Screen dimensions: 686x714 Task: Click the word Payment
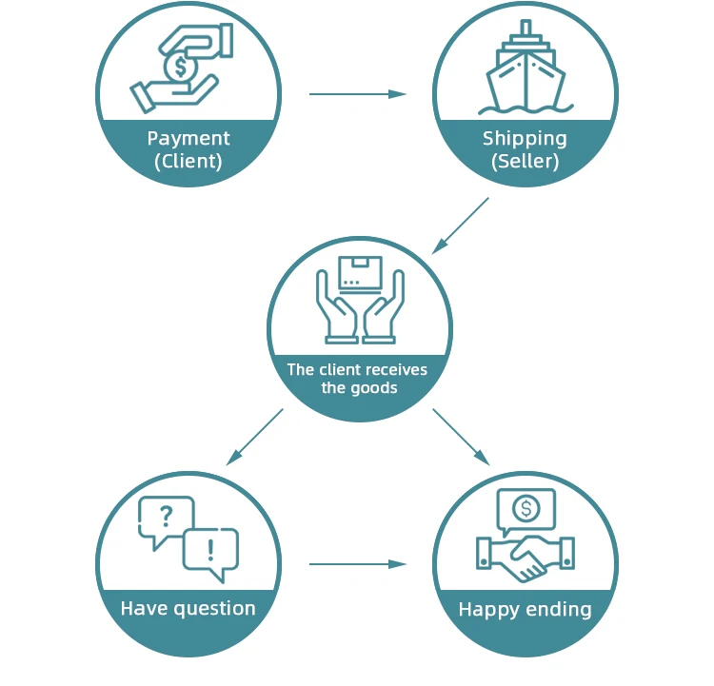(x=188, y=139)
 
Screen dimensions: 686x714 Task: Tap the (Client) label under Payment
(x=188, y=161)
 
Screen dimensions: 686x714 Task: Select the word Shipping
(x=525, y=139)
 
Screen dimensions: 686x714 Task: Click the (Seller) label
(x=525, y=161)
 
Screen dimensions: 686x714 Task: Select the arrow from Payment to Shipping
(x=357, y=94)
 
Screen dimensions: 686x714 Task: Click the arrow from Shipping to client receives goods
(x=461, y=225)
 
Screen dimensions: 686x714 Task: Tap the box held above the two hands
(x=360, y=273)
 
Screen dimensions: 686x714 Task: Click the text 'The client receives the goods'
(x=358, y=379)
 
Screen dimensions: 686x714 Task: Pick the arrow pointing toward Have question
(x=255, y=437)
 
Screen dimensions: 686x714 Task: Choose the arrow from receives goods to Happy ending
(x=461, y=437)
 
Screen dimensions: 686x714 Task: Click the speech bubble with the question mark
(x=166, y=519)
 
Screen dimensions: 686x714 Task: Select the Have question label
(x=188, y=608)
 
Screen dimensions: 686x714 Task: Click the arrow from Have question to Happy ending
(x=357, y=564)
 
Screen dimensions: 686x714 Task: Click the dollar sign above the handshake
(x=526, y=508)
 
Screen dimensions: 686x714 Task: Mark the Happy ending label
(x=525, y=609)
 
